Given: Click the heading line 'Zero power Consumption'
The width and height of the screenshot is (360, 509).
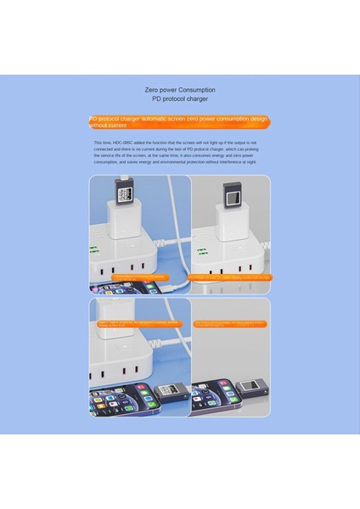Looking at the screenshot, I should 179,89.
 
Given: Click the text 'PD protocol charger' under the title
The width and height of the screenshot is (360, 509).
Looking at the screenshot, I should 179,98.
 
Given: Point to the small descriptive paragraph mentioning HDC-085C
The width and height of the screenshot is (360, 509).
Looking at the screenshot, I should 180,154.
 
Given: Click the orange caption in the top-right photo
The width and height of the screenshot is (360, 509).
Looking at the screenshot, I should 229,277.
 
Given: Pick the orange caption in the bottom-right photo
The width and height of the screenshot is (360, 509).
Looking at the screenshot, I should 229,323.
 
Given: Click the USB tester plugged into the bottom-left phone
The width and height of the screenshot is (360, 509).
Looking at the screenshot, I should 170,392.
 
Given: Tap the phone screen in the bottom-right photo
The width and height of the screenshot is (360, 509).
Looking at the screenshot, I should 212,397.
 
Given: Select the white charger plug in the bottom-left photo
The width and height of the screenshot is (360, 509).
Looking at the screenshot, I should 115,321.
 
